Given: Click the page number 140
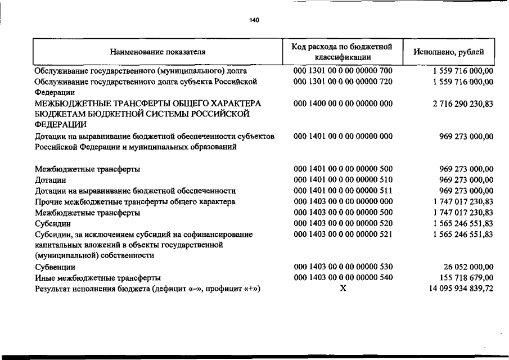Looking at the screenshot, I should (254, 20).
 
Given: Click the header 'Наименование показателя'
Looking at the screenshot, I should (157, 52).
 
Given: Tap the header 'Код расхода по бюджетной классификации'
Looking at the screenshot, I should (342, 52).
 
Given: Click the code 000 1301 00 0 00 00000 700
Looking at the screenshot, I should (343, 71).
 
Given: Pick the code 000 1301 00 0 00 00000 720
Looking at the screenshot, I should (343, 82).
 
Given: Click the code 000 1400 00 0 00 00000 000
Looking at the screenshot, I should (343, 104).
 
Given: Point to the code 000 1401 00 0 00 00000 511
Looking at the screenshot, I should (343, 191).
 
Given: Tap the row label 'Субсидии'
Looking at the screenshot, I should (52, 223).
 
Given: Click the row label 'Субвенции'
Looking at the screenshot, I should (55, 267).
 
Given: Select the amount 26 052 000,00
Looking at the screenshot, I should (466, 267).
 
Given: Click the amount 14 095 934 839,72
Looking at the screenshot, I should (457, 289).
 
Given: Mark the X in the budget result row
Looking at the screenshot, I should (342, 289).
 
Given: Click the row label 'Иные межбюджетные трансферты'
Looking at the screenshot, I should (97, 278).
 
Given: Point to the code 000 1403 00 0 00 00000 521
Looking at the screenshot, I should (343, 234).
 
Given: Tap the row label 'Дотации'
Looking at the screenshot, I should (51, 180).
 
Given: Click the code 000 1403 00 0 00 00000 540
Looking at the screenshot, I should (343, 278).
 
